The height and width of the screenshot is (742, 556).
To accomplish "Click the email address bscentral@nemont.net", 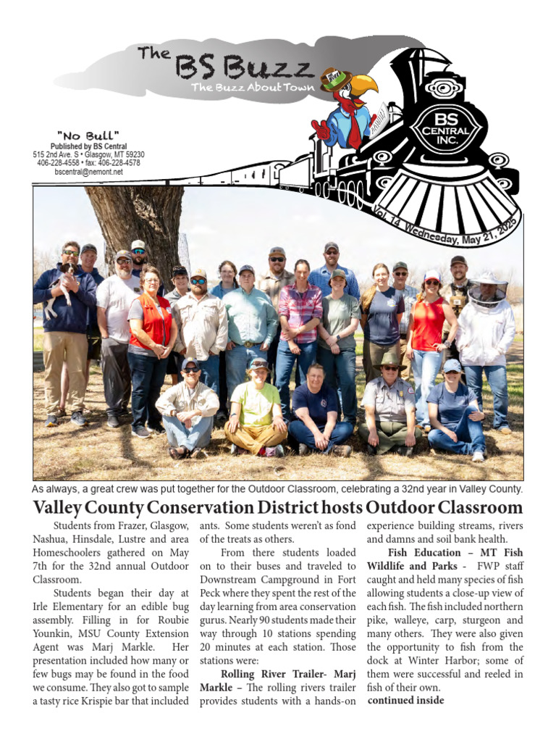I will [88, 172].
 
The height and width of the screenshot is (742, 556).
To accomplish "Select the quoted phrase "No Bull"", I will [88, 136].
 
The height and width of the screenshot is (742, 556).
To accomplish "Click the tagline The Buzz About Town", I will [253, 88].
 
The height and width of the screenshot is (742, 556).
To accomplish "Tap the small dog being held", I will [61, 285].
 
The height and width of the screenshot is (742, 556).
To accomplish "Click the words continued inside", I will [405, 701].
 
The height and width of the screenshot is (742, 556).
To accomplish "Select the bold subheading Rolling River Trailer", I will [264, 675].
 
